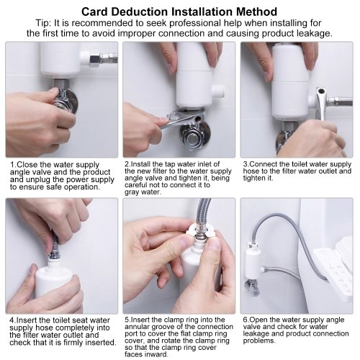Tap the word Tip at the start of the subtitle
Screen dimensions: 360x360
[43, 23]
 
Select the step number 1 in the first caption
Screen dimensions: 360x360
[12, 165]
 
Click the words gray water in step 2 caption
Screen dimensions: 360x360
[143, 192]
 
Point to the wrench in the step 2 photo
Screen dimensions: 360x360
[182, 117]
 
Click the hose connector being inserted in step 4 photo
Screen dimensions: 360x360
[55, 250]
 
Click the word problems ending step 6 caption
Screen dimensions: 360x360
[258, 341]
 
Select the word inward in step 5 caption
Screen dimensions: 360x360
[156, 354]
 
